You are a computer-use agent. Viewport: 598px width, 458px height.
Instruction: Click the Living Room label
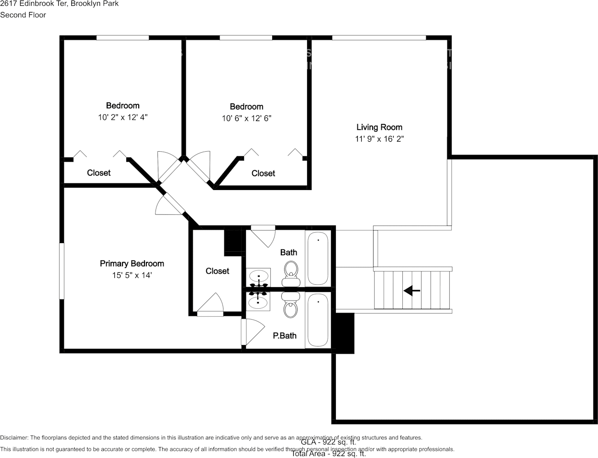click(x=379, y=127)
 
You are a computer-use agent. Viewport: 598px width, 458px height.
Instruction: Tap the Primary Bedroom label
click(x=132, y=264)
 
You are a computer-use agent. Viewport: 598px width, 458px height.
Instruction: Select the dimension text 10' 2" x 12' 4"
click(x=122, y=117)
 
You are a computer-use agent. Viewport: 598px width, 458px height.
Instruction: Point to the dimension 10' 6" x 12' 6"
click(x=246, y=118)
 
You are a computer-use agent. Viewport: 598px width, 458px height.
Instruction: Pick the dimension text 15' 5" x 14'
click(x=132, y=275)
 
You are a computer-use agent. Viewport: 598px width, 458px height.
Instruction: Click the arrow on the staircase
click(x=412, y=290)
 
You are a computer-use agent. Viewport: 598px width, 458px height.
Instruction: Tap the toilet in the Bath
click(x=290, y=271)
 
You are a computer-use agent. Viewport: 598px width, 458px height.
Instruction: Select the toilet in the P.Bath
click(x=290, y=306)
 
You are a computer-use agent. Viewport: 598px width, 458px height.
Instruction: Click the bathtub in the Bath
click(x=318, y=258)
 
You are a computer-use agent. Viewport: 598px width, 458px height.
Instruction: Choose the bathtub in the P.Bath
click(x=318, y=320)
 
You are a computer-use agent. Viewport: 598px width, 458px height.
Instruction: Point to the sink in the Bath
click(x=259, y=276)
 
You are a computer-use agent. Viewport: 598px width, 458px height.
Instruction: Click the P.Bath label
click(x=285, y=336)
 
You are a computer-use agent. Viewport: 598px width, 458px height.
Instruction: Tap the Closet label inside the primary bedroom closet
click(x=217, y=271)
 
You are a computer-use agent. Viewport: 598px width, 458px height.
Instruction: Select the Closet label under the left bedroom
click(x=99, y=173)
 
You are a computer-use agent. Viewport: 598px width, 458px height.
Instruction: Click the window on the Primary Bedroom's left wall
click(x=62, y=271)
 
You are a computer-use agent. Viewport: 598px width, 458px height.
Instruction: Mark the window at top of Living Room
click(x=379, y=38)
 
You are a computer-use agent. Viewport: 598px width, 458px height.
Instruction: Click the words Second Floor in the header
click(x=23, y=15)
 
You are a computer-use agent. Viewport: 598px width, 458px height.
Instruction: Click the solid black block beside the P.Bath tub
click(x=343, y=333)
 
